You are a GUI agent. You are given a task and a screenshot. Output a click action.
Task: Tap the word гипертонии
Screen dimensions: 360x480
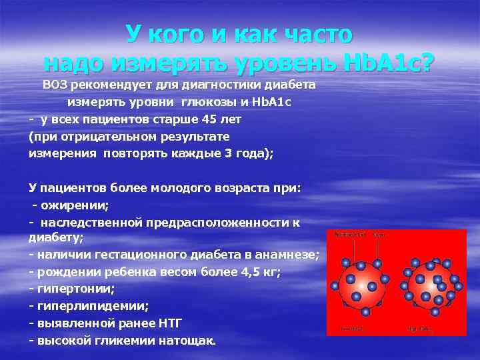point(76,289)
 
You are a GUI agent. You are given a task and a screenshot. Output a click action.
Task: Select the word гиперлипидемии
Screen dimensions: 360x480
point(93,307)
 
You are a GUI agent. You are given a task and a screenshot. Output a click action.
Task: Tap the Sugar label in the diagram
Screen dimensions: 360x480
point(379,235)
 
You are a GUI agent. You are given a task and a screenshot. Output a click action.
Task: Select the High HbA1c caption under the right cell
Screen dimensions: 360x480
point(421,329)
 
